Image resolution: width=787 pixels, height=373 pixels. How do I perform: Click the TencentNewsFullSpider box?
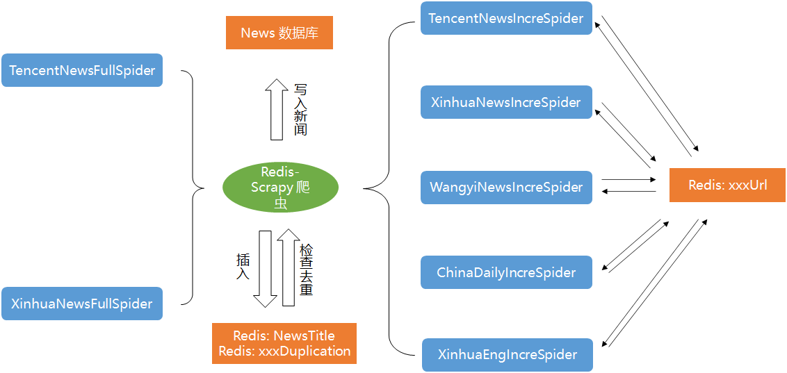coord(82,70)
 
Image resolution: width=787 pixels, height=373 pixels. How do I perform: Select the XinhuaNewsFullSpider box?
coord(82,304)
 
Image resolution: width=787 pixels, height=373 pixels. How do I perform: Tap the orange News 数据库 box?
coord(279,33)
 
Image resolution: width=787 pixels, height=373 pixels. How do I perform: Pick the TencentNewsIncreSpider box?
coord(506,18)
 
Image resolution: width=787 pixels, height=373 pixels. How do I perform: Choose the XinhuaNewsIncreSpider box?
coord(506,102)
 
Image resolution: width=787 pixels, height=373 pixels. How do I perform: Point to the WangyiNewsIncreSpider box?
coord(506,188)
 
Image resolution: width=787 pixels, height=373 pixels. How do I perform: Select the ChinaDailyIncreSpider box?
coord(506,272)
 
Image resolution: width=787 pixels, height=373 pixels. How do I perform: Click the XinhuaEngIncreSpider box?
coord(508,355)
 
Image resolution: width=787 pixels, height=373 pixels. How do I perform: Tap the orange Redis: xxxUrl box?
coord(727,185)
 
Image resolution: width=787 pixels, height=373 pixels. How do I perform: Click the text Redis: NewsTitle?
coord(284,336)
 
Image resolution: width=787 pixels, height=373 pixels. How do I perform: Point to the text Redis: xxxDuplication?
coord(284,351)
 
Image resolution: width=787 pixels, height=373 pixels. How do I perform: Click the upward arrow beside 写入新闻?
coord(277,109)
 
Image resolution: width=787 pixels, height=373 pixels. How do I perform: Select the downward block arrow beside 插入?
coord(265,268)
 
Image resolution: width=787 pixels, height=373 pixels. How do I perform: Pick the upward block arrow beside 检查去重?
coord(289,268)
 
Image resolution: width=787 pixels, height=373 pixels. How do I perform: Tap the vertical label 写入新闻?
coord(300,109)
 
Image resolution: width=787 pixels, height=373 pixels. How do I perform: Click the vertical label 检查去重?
coord(306,270)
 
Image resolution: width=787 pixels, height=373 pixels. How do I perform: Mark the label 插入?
coord(243,267)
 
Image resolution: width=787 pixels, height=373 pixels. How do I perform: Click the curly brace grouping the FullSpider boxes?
coord(194,188)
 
